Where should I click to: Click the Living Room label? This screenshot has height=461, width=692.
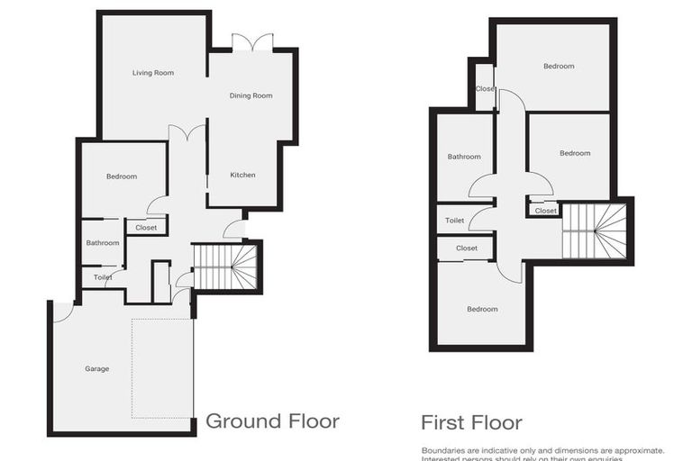pos(152,73)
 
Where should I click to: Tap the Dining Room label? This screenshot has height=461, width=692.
pos(250,95)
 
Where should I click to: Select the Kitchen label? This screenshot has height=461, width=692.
pos(243,175)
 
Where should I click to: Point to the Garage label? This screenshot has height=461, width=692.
pos(97,368)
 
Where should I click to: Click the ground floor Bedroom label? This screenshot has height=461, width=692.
pos(122,176)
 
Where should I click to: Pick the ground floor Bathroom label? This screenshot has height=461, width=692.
pos(103,242)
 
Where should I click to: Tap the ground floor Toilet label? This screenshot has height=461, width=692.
pos(103,277)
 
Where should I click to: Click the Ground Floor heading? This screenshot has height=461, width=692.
pos(272,420)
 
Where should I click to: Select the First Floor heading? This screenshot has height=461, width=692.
pos(471,422)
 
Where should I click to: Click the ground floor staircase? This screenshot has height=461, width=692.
pos(226,267)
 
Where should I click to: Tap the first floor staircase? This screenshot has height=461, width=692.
pos(594,230)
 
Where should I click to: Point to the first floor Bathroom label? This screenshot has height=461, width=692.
pos(464,157)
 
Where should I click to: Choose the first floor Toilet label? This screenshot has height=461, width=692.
pos(454,221)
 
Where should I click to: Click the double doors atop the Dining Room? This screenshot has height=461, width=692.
pos(251,42)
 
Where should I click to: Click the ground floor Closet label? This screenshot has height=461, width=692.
pos(146,228)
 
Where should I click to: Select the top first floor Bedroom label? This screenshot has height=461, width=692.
pos(559,66)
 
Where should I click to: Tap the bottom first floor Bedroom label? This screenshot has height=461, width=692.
pos(482,309)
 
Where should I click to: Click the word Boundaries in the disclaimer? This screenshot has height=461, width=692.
pos(443,449)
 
